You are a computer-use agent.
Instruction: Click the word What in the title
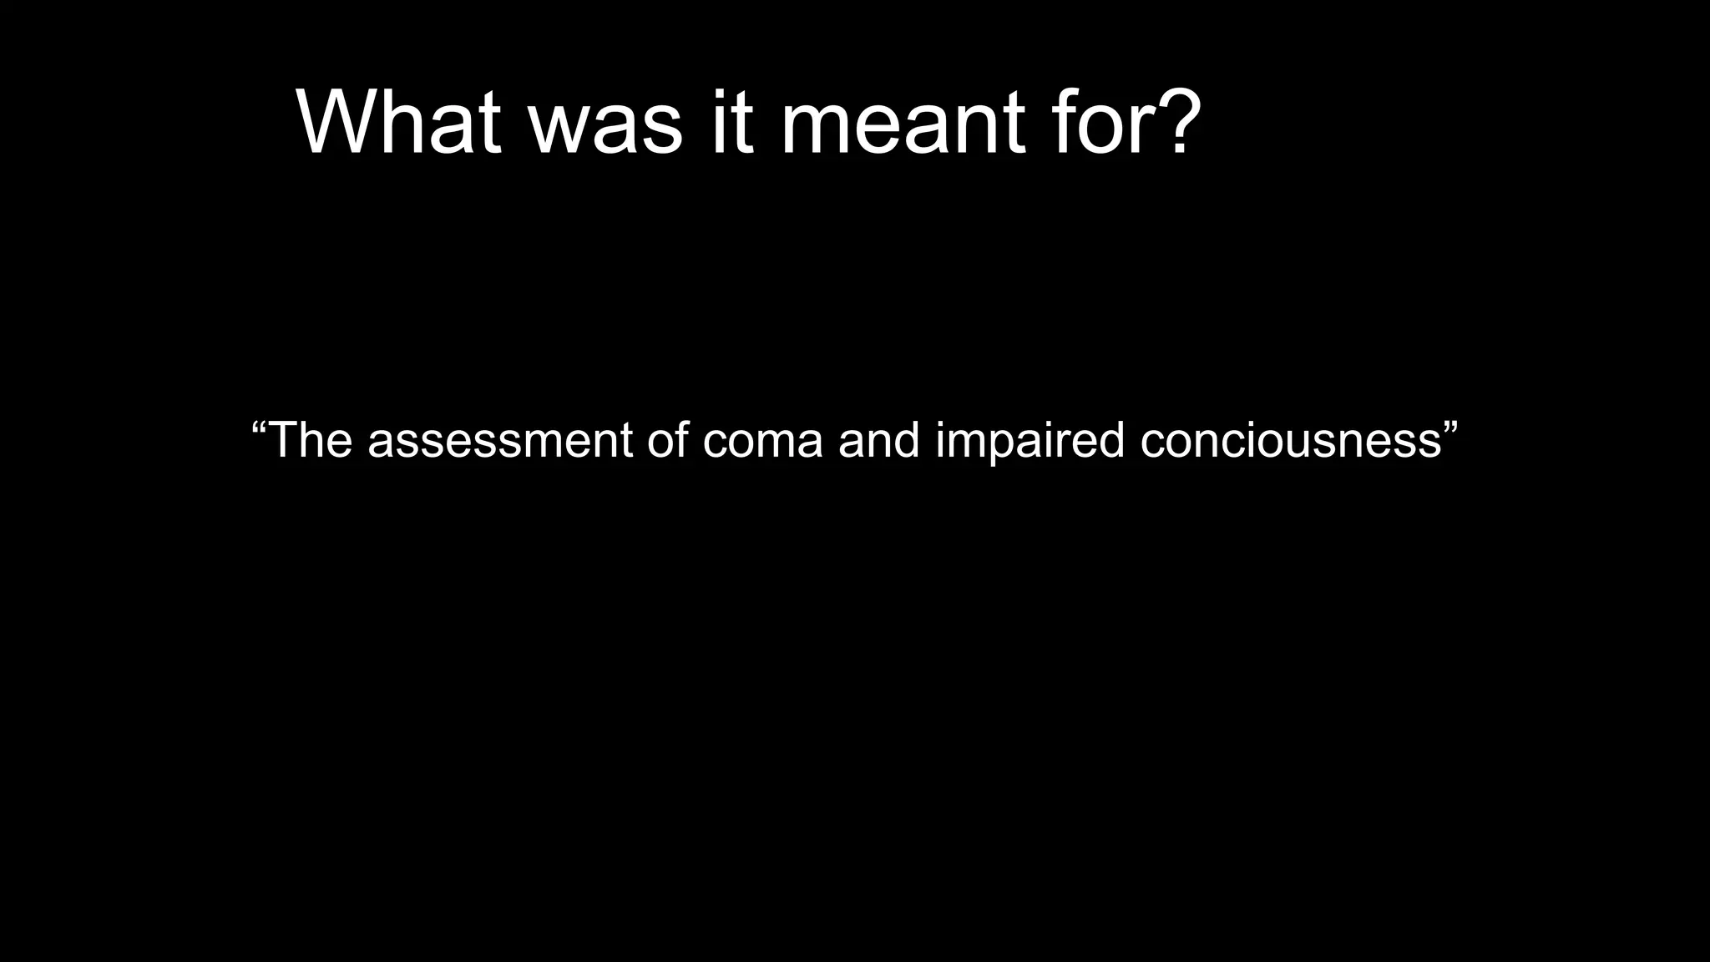click(398, 123)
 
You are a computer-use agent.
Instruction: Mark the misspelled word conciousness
click(1291, 440)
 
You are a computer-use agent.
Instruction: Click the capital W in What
click(338, 123)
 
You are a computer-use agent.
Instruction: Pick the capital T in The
click(285, 440)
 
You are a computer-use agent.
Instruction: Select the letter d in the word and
click(906, 440)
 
